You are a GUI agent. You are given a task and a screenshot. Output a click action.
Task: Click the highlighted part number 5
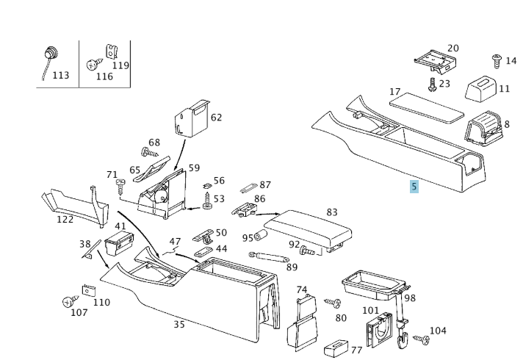click(x=414, y=187)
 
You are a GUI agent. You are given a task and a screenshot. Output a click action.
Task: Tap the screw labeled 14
click(x=496, y=58)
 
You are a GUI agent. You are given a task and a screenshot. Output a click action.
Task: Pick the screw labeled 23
click(x=433, y=84)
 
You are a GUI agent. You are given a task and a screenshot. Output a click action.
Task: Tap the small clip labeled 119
click(x=112, y=51)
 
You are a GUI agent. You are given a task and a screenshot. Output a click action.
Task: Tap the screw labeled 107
click(x=70, y=301)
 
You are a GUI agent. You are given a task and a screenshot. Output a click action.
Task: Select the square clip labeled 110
click(x=89, y=289)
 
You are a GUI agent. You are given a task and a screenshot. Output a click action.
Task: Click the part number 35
click(x=179, y=324)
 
